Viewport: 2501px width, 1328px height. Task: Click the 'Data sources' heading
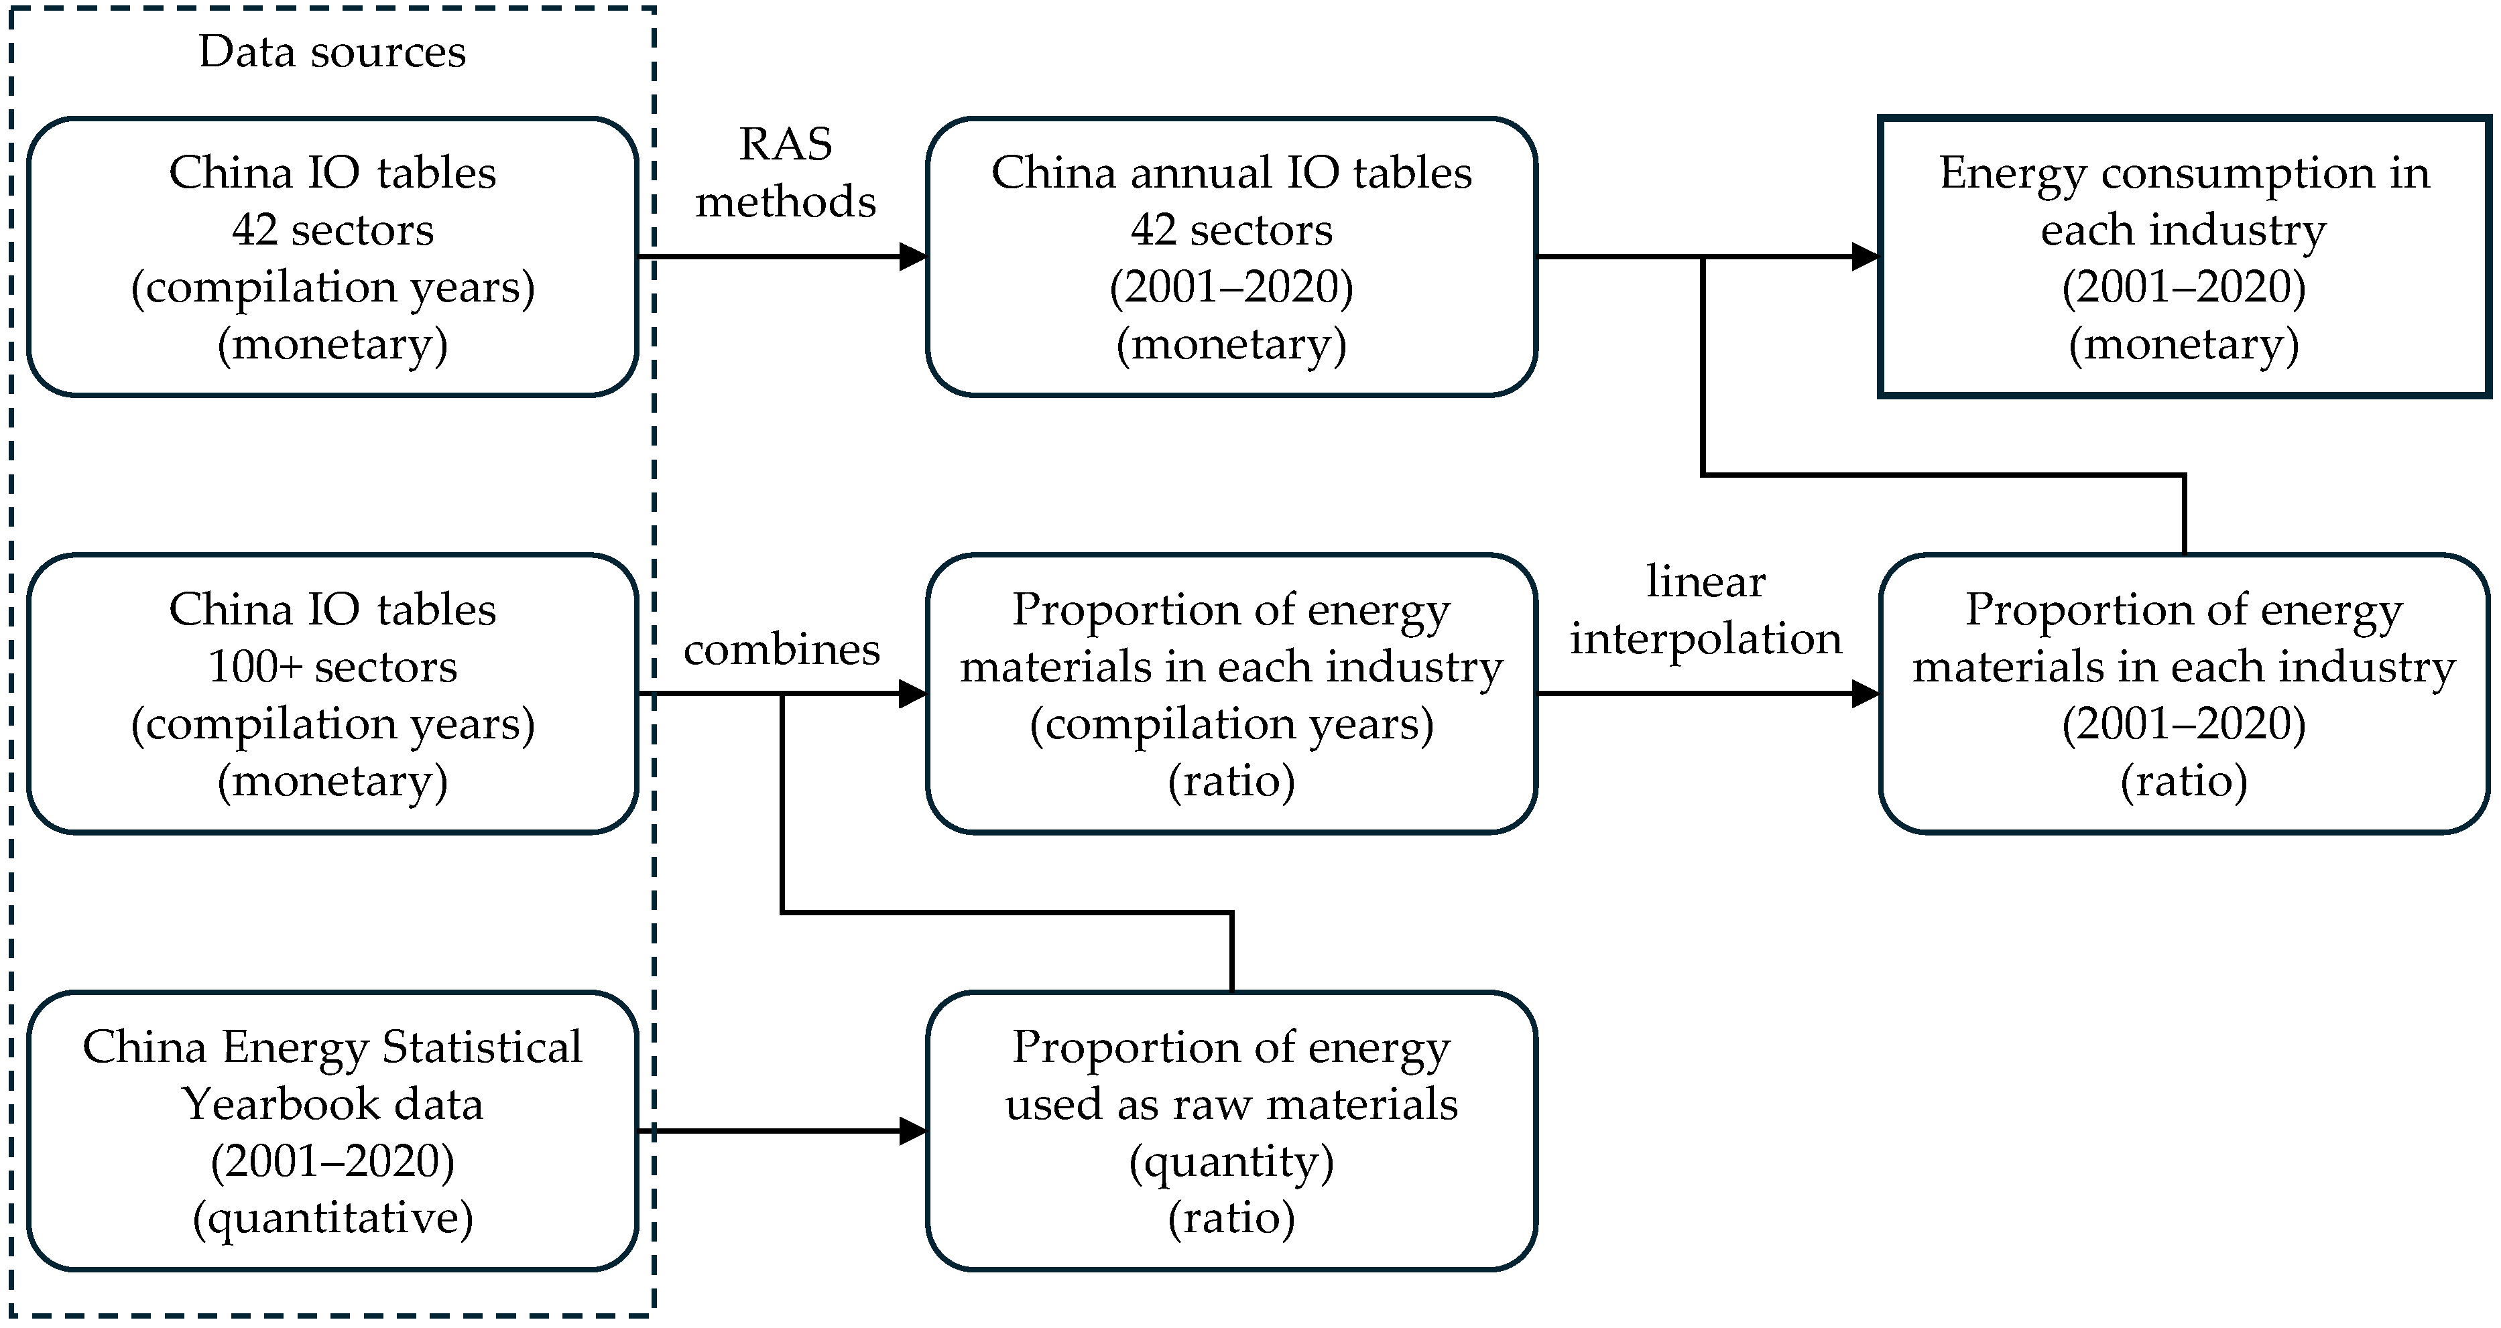tap(332, 52)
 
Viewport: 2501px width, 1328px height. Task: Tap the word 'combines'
tap(782, 649)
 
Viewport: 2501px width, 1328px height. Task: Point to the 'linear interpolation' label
tap(1706, 610)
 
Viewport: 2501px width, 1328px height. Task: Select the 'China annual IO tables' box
tap(1231, 257)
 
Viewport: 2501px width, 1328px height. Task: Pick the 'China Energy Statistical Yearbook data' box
tap(332, 1131)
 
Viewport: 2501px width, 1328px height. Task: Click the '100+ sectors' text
tap(332, 667)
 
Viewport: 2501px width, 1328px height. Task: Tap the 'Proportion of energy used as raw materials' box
tap(1231, 1131)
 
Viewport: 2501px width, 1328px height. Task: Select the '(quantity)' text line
tap(1231, 1161)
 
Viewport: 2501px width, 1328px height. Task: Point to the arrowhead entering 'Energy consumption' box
tap(1866, 257)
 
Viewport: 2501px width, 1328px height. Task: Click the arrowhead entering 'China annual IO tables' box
tap(914, 257)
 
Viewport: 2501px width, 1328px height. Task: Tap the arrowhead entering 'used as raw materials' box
tap(914, 1131)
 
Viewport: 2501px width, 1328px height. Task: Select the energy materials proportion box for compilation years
tap(1231, 694)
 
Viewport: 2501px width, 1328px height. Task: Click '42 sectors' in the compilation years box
tap(332, 230)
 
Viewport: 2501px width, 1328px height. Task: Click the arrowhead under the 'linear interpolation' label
tap(1866, 694)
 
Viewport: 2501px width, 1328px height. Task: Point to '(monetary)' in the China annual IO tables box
tap(1231, 344)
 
